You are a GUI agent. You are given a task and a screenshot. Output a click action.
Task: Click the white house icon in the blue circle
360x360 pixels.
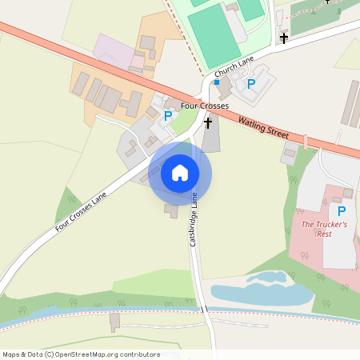180,172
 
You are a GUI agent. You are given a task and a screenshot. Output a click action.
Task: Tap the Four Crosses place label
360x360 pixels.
205,106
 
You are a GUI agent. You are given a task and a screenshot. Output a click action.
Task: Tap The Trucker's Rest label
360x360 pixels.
323,229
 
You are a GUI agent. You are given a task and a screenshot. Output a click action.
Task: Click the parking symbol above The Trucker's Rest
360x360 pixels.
342,211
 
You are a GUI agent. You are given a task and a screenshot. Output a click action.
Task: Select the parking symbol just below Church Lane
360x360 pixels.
250,84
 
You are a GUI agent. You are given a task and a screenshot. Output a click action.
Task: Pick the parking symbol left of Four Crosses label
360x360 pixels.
167,116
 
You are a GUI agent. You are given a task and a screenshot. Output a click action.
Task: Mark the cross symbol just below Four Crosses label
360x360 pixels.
208,123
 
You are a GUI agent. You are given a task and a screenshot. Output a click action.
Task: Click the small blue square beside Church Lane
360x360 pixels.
216,82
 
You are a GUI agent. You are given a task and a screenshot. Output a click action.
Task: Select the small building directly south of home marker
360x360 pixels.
171,210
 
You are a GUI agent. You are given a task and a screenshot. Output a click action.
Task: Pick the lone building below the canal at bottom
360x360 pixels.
114,322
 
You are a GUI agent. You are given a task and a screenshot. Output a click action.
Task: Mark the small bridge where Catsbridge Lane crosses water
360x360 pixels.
204,309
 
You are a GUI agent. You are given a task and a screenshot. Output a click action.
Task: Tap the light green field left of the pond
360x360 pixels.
152,282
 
